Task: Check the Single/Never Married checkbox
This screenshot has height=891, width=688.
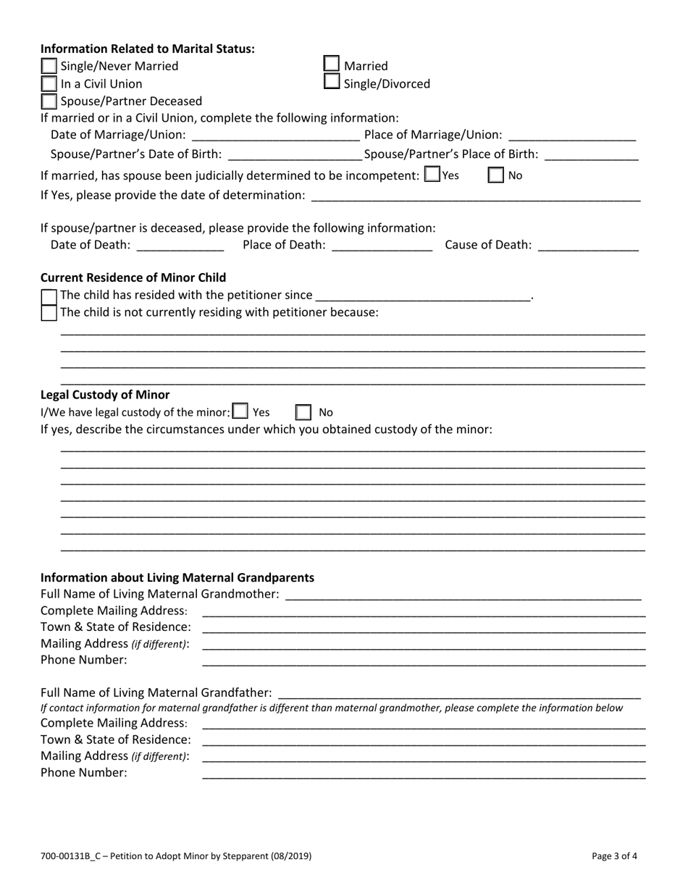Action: pos(49,67)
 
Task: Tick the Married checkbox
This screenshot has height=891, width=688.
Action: pos(331,65)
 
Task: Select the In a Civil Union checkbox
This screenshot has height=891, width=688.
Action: pos(49,84)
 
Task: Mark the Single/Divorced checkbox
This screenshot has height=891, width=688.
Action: pos(331,82)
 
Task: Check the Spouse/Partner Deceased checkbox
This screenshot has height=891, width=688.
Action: pos(49,101)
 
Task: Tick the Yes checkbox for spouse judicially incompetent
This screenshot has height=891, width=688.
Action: pos(432,175)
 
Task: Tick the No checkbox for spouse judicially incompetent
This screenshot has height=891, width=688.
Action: pos(496,175)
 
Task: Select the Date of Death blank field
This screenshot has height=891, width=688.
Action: pos(180,246)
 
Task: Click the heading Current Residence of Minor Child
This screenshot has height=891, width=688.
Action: pos(133,277)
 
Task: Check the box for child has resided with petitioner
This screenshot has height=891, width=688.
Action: pos(49,296)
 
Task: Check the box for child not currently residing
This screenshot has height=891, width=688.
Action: pos(49,313)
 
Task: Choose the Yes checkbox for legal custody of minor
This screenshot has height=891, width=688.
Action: pos(240,411)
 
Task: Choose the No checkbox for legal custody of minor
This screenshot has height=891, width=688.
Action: pos(303,412)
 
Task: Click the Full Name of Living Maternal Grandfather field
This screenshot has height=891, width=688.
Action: pos(460,693)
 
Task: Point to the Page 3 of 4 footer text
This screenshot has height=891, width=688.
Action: pos(615,856)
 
